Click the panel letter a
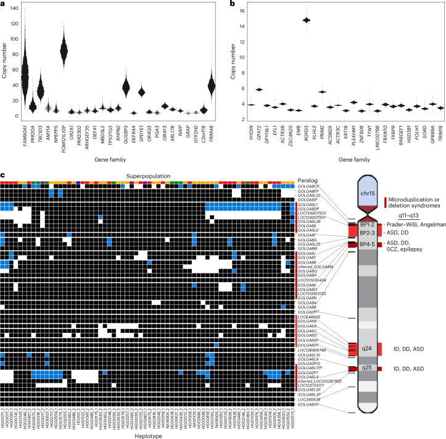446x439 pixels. pos(4,4)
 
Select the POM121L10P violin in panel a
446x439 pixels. pos(64,50)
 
